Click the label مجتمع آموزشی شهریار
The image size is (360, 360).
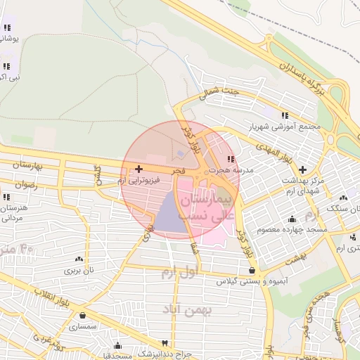pyautogui.click(x=284, y=128)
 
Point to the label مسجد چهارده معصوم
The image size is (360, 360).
pyautogui.click(x=292, y=229)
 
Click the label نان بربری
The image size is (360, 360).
pyautogui.click(x=79, y=270)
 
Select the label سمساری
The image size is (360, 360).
pyautogui.click(x=83, y=326)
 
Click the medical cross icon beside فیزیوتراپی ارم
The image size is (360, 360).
pyautogui.click(x=139, y=169)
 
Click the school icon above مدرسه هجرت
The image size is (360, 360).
pyautogui.click(x=231, y=158)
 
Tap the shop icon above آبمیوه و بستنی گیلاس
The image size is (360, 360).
pyautogui.click(x=252, y=270)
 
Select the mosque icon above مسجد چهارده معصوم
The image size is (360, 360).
pyautogui.click(x=292, y=218)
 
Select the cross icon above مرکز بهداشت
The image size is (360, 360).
pyautogui.click(x=302, y=169)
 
